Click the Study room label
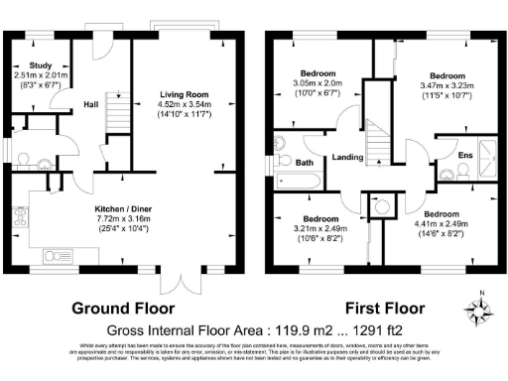point(39,64)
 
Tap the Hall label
point(90,103)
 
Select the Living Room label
point(187,93)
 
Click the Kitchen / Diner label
point(123,210)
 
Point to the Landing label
point(346,157)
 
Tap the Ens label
point(465,155)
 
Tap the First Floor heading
point(387,308)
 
